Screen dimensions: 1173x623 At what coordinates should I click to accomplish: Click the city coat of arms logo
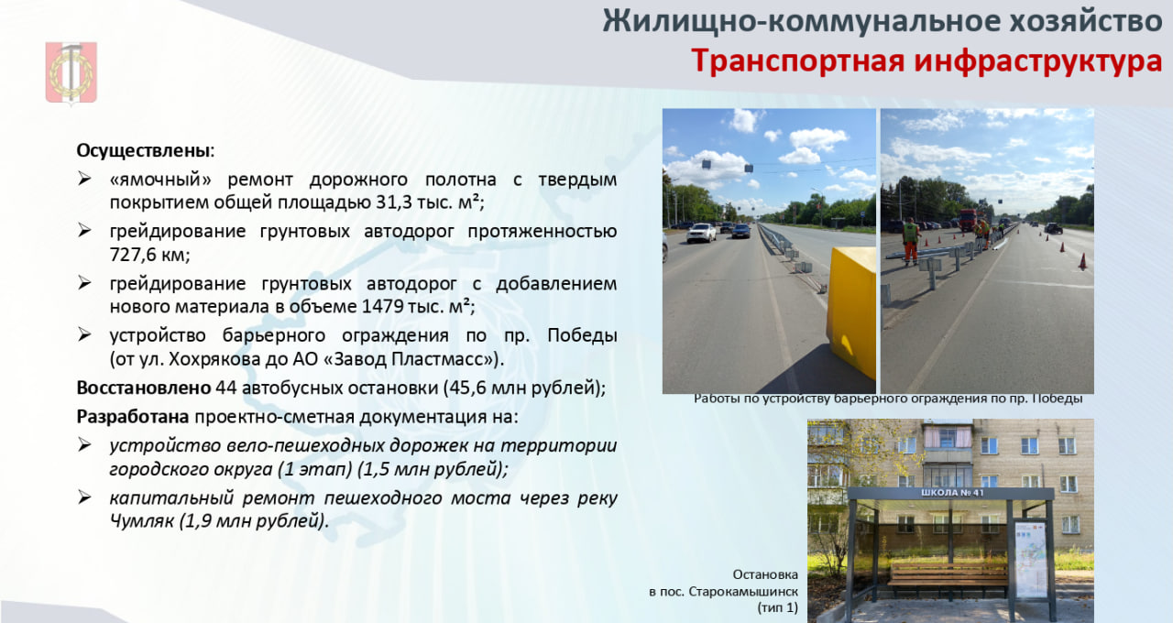point(71,73)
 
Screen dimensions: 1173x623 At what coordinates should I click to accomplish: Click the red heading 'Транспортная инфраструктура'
point(926,60)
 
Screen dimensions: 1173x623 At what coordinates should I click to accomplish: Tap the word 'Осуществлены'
point(144,151)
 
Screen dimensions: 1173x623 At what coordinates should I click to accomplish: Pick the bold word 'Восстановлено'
point(144,388)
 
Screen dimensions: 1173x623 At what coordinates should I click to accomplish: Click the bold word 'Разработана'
point(133,417)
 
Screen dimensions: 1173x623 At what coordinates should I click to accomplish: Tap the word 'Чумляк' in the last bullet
point(141,521)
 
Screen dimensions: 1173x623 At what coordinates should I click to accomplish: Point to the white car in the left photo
point(701,233)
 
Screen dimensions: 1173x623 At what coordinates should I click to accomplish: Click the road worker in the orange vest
point(911,241)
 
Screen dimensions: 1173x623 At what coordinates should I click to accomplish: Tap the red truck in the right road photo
point(969,220)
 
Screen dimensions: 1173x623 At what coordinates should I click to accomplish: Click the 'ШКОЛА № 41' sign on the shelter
point(952,493)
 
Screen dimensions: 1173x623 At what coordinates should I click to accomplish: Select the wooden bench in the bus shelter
point(948,579)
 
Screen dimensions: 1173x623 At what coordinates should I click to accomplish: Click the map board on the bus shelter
point(1031,558)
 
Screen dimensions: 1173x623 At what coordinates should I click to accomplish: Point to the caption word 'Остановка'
point(765,574)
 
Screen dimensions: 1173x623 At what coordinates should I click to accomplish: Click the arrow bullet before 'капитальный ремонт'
point(84,497)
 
